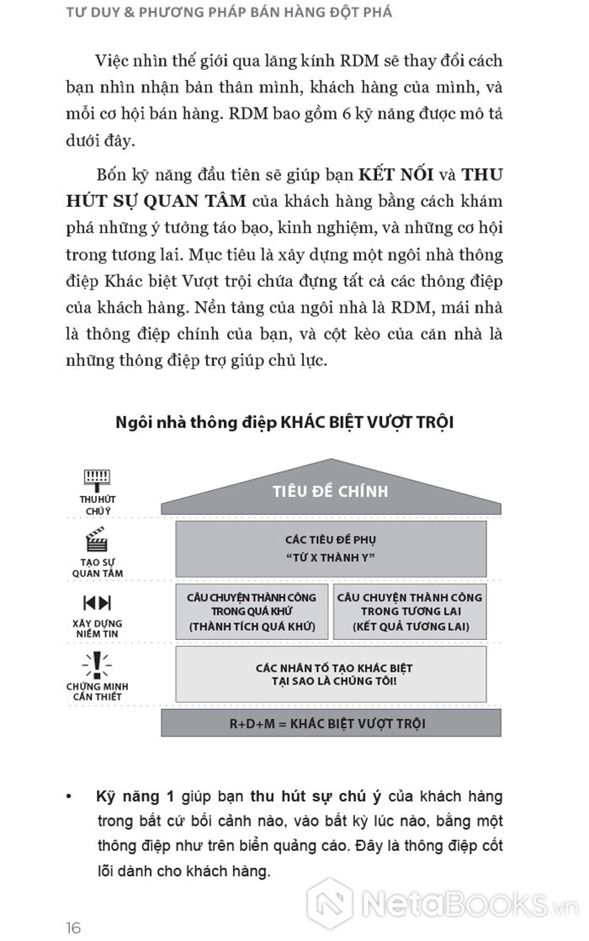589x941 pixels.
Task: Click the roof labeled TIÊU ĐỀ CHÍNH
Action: (330, 491)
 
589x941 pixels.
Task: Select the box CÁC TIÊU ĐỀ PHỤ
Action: (330, 548)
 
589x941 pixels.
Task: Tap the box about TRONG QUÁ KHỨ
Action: (252, 611)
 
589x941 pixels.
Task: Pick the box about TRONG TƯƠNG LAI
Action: (410, 611)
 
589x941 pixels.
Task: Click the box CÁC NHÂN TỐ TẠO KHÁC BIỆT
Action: (330, 674)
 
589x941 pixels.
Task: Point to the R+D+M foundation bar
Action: (330, 723)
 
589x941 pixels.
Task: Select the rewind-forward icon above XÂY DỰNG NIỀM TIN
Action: (97, 602)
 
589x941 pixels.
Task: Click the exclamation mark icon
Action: (97, 663)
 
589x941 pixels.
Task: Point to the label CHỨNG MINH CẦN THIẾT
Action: (97, 692)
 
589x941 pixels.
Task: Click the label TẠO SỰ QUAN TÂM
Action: (97, 568)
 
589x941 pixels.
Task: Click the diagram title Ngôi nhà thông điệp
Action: (284, 421)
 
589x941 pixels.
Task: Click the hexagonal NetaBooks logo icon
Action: (329, 904)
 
